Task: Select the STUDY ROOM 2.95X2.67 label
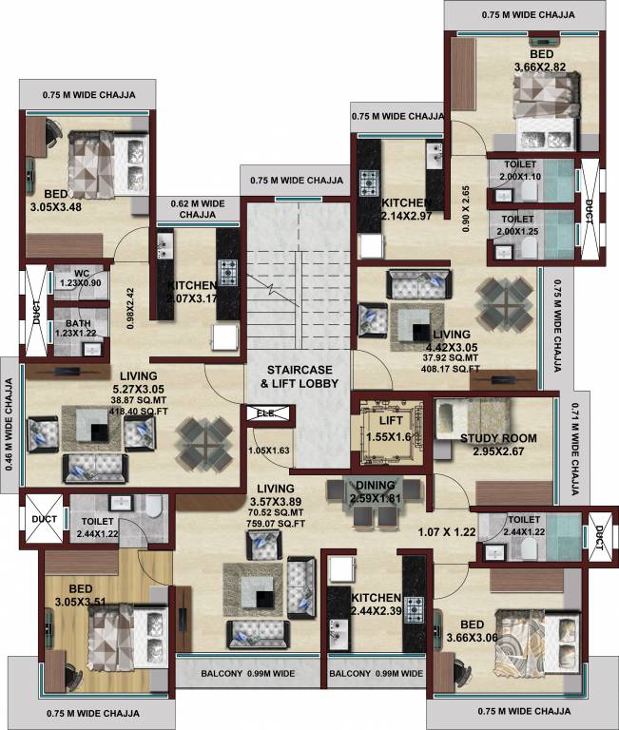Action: click(498, 444)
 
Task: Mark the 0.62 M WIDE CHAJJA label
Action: click(196, 209)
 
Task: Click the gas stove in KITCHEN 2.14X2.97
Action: click(368, 180)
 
